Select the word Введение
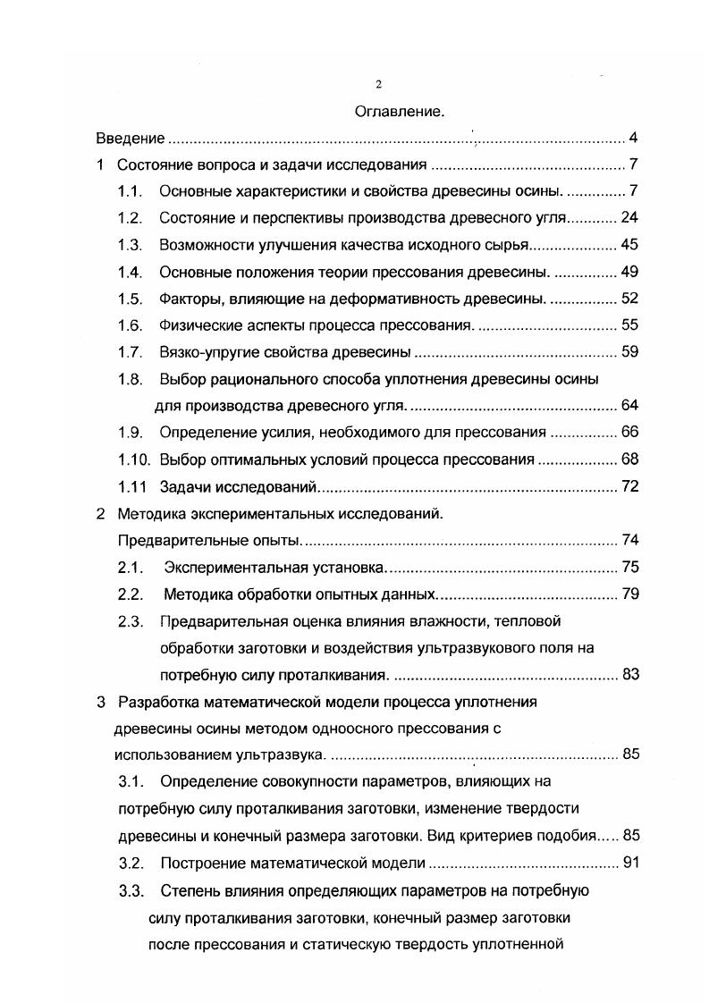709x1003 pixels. coord(131,139)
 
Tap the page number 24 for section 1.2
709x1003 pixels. coord(629,218)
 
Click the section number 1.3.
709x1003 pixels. coord(131,245)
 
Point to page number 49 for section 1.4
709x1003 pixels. coord(629,272)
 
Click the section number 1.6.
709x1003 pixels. coord(131,325)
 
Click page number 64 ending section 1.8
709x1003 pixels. coord(629,406)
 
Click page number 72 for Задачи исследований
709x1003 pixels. coord(629,487)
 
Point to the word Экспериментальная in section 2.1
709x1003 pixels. coord(228,568)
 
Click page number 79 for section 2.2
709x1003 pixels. coord(629,594)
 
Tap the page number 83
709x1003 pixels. coord(629,675)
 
